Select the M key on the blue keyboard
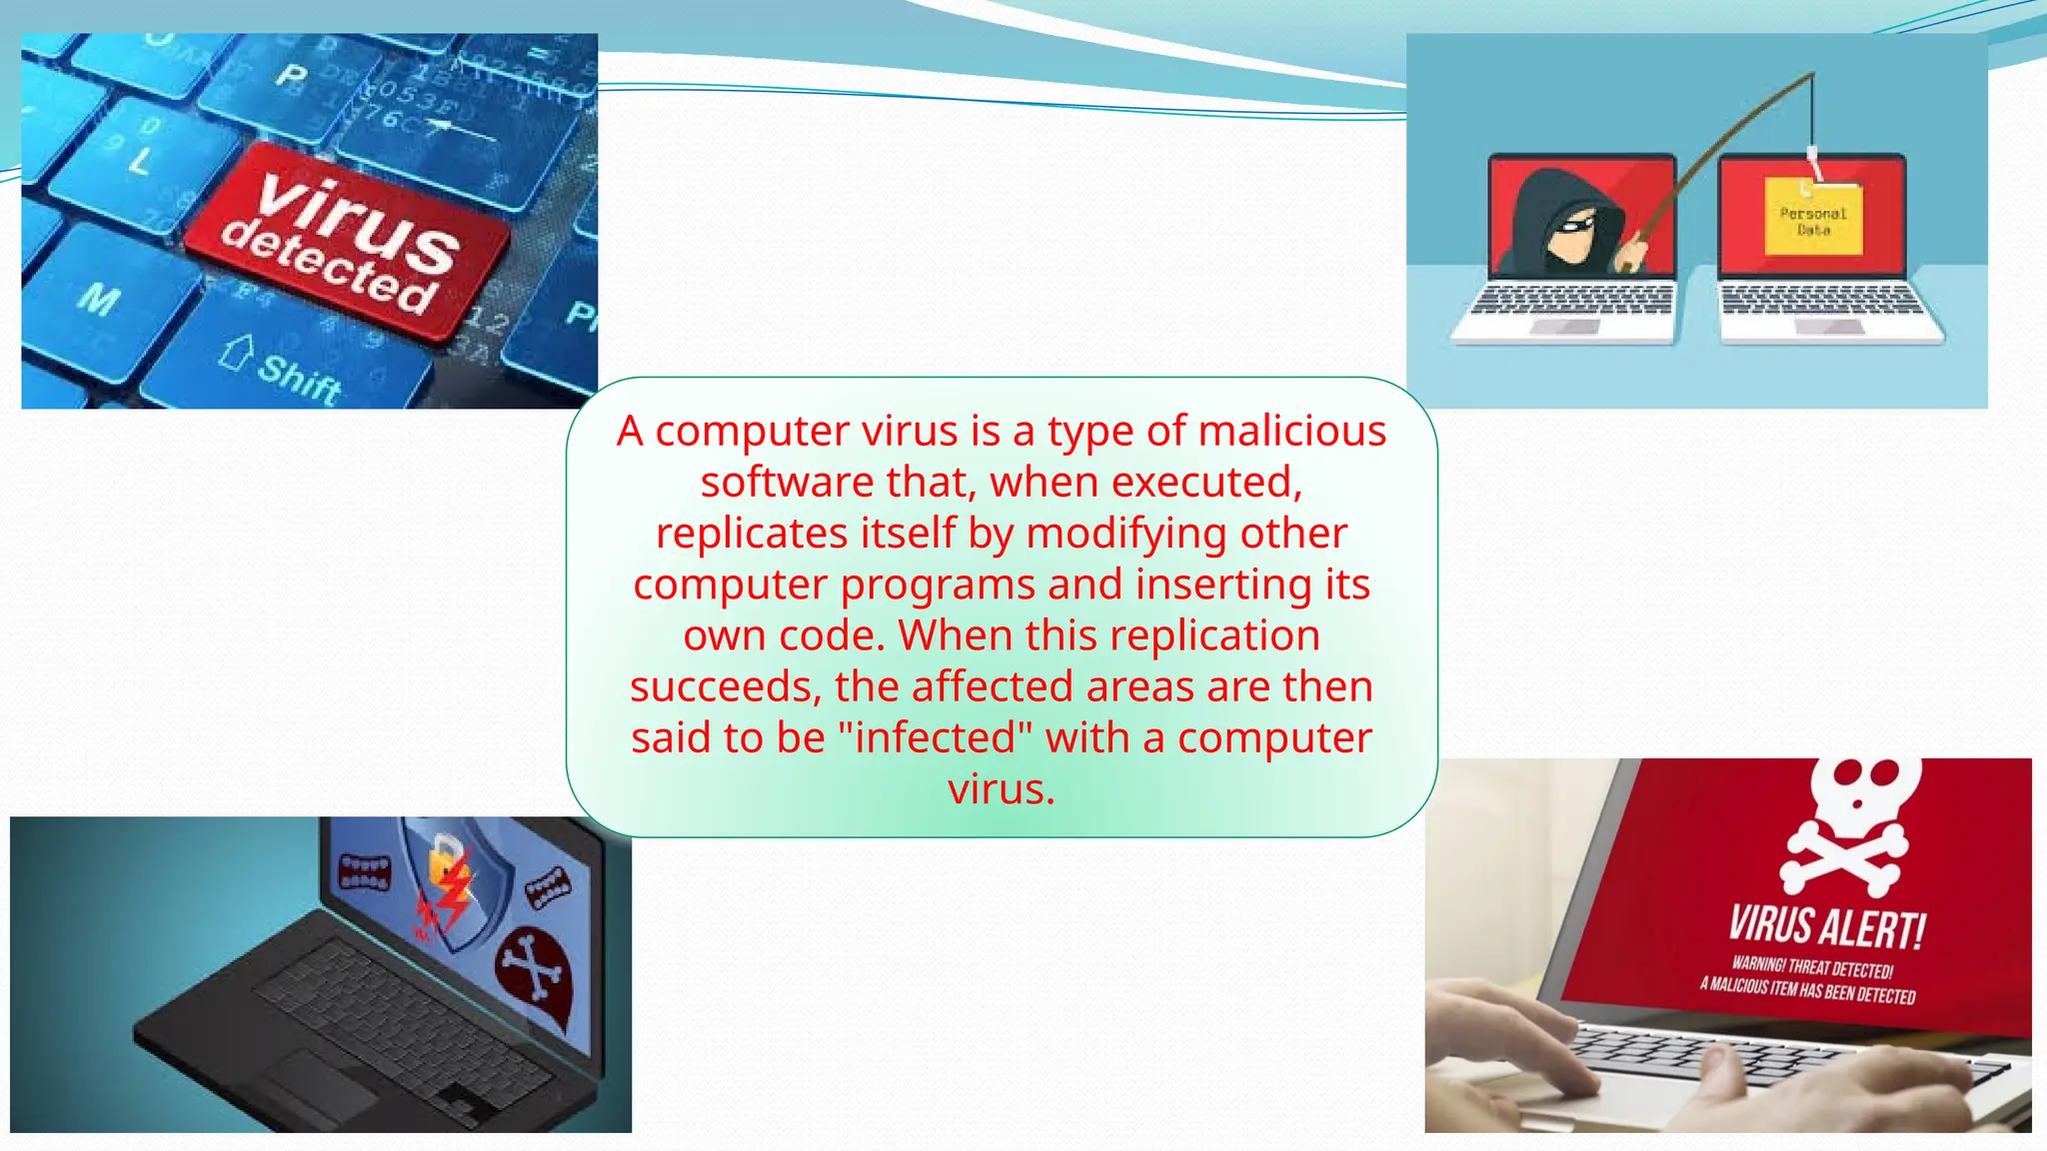click(x=100, y=298)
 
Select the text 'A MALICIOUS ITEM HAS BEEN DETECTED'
click(x=1807, y=990)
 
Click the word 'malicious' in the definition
click(x=1291, y=432)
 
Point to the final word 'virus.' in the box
click(x=1002, y=789)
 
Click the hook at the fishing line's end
click(x=1812, y=160)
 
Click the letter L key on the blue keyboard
click(x=141, y=160)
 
